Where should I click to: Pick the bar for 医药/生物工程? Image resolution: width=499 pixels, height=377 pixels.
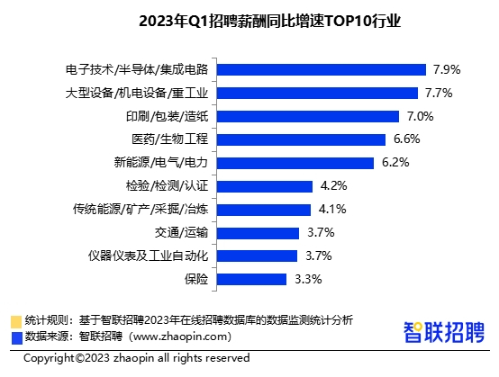[302, 139]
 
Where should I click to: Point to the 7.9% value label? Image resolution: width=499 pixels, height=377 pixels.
[447, 69]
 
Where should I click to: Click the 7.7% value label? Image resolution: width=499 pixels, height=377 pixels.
[437, 93]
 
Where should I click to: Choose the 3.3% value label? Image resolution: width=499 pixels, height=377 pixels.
[308, 279]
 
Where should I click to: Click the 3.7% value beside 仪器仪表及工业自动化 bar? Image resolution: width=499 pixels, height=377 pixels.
[320, 256]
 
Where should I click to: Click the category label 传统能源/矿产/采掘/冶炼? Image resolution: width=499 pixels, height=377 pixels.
[142, 210]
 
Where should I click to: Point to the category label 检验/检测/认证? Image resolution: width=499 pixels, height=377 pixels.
[168, 186]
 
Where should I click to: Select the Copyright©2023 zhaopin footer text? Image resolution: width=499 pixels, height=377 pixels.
[136, 358]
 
